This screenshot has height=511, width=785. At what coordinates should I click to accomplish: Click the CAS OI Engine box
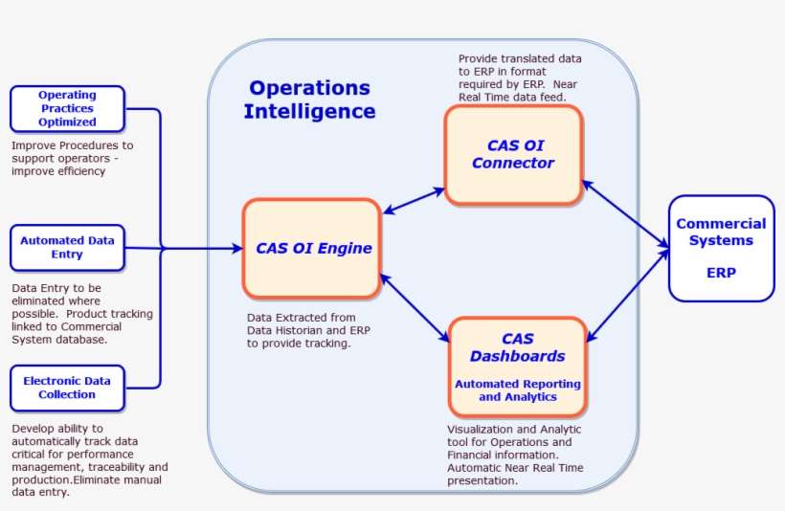(x=312, y=249)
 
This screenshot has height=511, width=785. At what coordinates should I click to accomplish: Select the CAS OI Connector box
(x=513, y=155)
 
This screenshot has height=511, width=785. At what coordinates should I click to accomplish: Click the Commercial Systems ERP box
(x=721, y=248)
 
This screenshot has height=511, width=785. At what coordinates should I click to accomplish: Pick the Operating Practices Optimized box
(x=67, y=108)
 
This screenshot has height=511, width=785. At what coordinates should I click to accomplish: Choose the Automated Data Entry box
(x=67, y=247)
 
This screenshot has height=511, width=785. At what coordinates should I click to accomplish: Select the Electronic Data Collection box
(x=67, y=387)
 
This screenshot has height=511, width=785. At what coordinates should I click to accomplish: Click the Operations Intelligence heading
(x=309, y=100)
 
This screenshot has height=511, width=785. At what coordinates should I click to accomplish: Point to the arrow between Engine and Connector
(x=413, y=200)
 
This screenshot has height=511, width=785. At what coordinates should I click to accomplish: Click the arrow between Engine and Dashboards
(x=415, y=306)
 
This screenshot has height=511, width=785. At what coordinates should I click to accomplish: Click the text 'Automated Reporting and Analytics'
(x=517, y=390)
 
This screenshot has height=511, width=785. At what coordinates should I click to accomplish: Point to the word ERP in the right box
(x=721, y=272)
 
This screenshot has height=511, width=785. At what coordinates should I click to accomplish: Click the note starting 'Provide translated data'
(x=520, y=78)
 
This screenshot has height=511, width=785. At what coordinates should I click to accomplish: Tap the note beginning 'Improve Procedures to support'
(x=72, y=158)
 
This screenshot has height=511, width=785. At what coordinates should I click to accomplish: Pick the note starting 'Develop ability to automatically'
(x=89, y=460)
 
